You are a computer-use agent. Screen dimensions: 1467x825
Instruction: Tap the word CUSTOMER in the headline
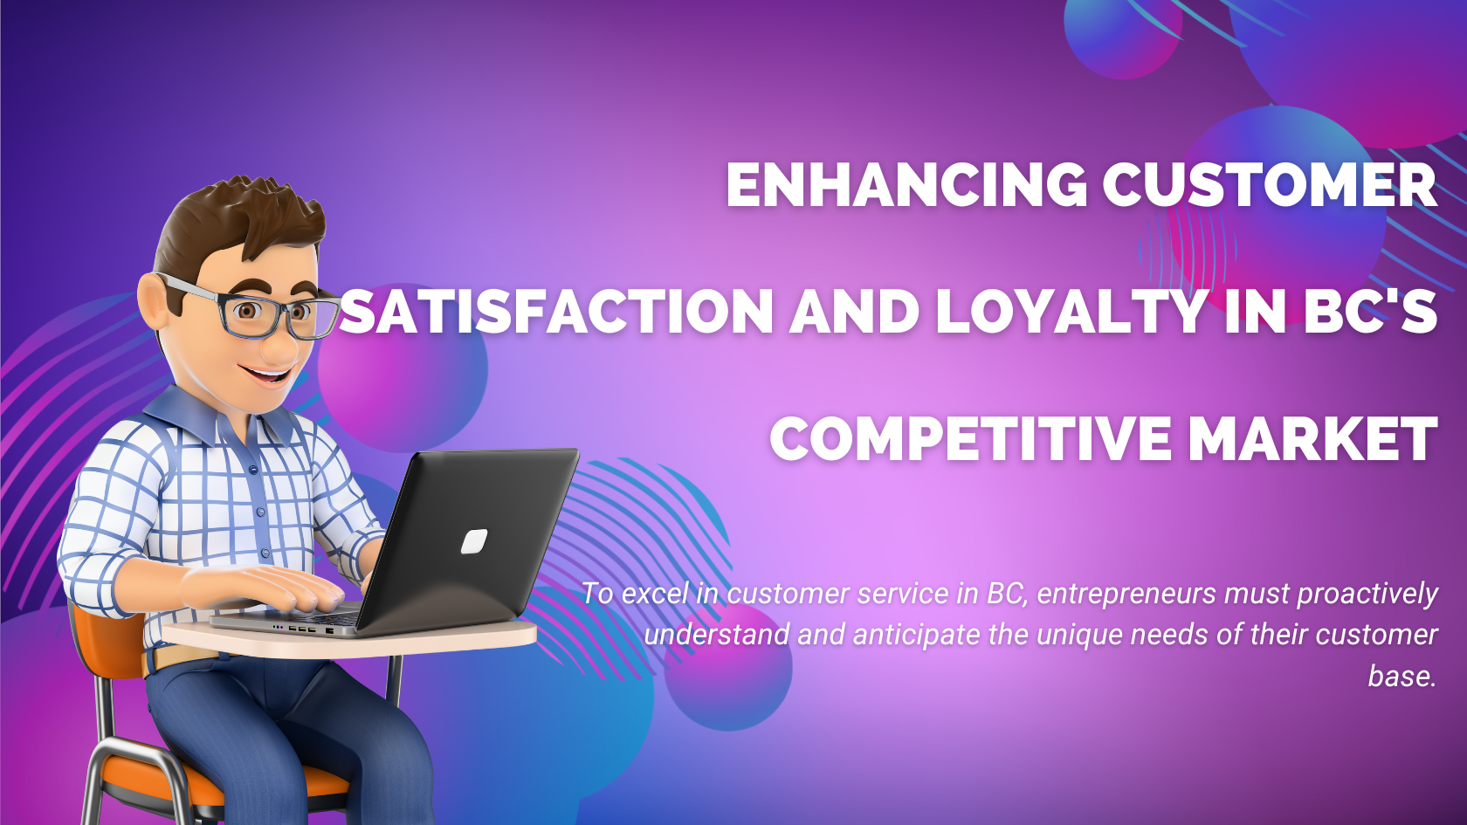point(1271,185)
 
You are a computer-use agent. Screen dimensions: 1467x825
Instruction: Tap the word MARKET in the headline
point(1312,437)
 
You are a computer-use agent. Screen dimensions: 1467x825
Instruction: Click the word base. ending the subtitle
point(1402,677)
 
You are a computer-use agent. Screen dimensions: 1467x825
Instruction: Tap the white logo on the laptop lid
point(473,541)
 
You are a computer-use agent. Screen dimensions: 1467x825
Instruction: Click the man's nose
point(279,346)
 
